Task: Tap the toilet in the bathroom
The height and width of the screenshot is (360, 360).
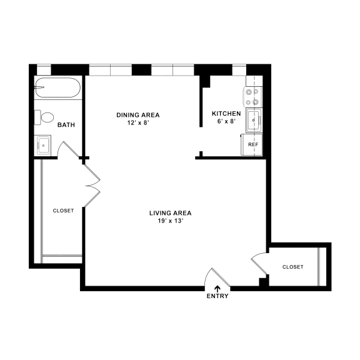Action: tap(47, 117)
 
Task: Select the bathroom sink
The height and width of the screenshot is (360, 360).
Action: tap(44, 145)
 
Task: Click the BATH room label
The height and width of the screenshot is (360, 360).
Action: tap(66, 125)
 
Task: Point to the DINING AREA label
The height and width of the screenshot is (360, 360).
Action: tap(138, 114)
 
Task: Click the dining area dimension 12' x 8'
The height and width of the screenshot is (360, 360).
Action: tap(138, 122)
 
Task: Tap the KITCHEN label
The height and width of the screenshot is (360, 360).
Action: tap(226, 113)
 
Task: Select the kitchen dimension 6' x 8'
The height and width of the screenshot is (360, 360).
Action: tap(226, 121)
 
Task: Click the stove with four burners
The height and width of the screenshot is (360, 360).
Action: tap(252, 96)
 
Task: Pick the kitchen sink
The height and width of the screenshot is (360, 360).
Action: tap(254, 120)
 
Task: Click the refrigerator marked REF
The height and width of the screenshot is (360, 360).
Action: tap(252, 144)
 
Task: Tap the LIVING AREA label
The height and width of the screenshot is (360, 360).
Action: tap(170, 213)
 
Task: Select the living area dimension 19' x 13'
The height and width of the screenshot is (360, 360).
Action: tap(170, 221)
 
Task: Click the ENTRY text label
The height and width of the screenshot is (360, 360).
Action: tap(217, 296)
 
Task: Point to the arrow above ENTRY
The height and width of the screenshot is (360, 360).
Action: tap(217, 288)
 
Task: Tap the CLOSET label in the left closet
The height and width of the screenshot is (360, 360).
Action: tap(63, 211)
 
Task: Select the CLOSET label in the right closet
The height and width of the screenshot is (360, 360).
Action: tap(292, 267)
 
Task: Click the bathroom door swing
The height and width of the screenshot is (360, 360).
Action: tap(67, 151)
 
